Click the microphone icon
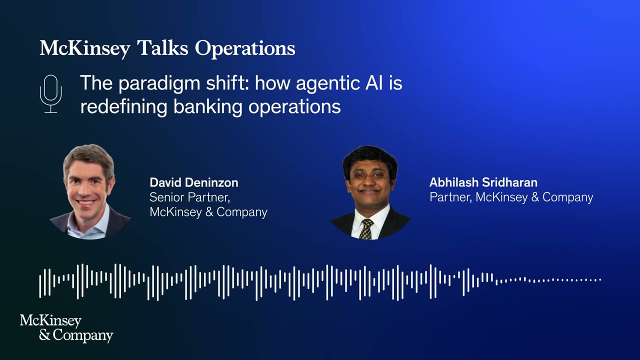(x=50, y=94)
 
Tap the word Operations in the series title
(x=244, y=48)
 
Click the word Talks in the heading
(x=162, y=48)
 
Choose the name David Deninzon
(x=193, y=182)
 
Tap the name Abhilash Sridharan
(x=483, y=182)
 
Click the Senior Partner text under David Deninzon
(x=189, y=197)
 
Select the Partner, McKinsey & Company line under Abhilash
(x=511, y=197)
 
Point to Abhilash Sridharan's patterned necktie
(x=366, y=228)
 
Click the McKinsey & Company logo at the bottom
(x=66, y=328)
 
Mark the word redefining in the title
(x=123, y=106)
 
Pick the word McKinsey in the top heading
(x=84, y=48)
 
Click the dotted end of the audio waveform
(x=550, y=280)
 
